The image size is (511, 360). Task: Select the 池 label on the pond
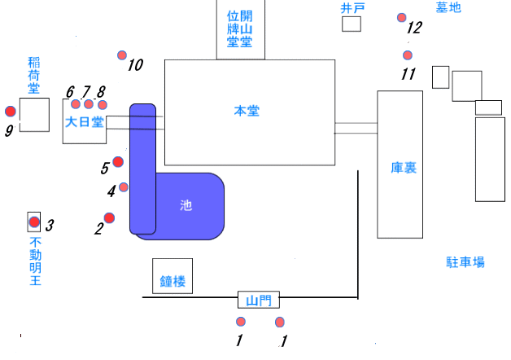pyautogui.click(x=186, y=206)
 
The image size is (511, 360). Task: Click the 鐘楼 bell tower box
pyautogui.click(x=173, y=277)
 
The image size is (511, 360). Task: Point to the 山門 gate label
pyautogui.click(x=257, y=300)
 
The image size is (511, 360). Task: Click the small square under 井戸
pyautogui.click(x=351, y=24)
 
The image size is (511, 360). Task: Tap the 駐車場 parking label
pyautogui.click(x=465, y=262)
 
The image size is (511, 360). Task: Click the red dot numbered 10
pyautogui.click(x=122, y=55)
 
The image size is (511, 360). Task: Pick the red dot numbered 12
pyautogui.click(x=402, y=17)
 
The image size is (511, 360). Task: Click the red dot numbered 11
pyautogui.click(x=408, y=55)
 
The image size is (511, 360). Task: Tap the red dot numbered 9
pyautogui.click(x=10, y=112)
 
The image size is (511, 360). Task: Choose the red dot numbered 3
pyautogui.click(x=34, y=222)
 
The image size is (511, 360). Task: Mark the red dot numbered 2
pyautogui.click(x=109, y=217)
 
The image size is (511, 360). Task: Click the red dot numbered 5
pyautogui.click(x=118, y=161)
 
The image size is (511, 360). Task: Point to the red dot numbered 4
pyautogui.click(x=124, y=187)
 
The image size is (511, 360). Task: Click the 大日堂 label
pyautogui.click(x=85, y=123)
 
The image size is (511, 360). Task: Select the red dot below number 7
pyautogui.click(x=89, y=104)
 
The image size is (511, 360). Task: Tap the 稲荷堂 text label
pyautogui.click(x=33, y=77)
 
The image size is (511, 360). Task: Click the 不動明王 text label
pyautogui.click(x=35, y=261)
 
